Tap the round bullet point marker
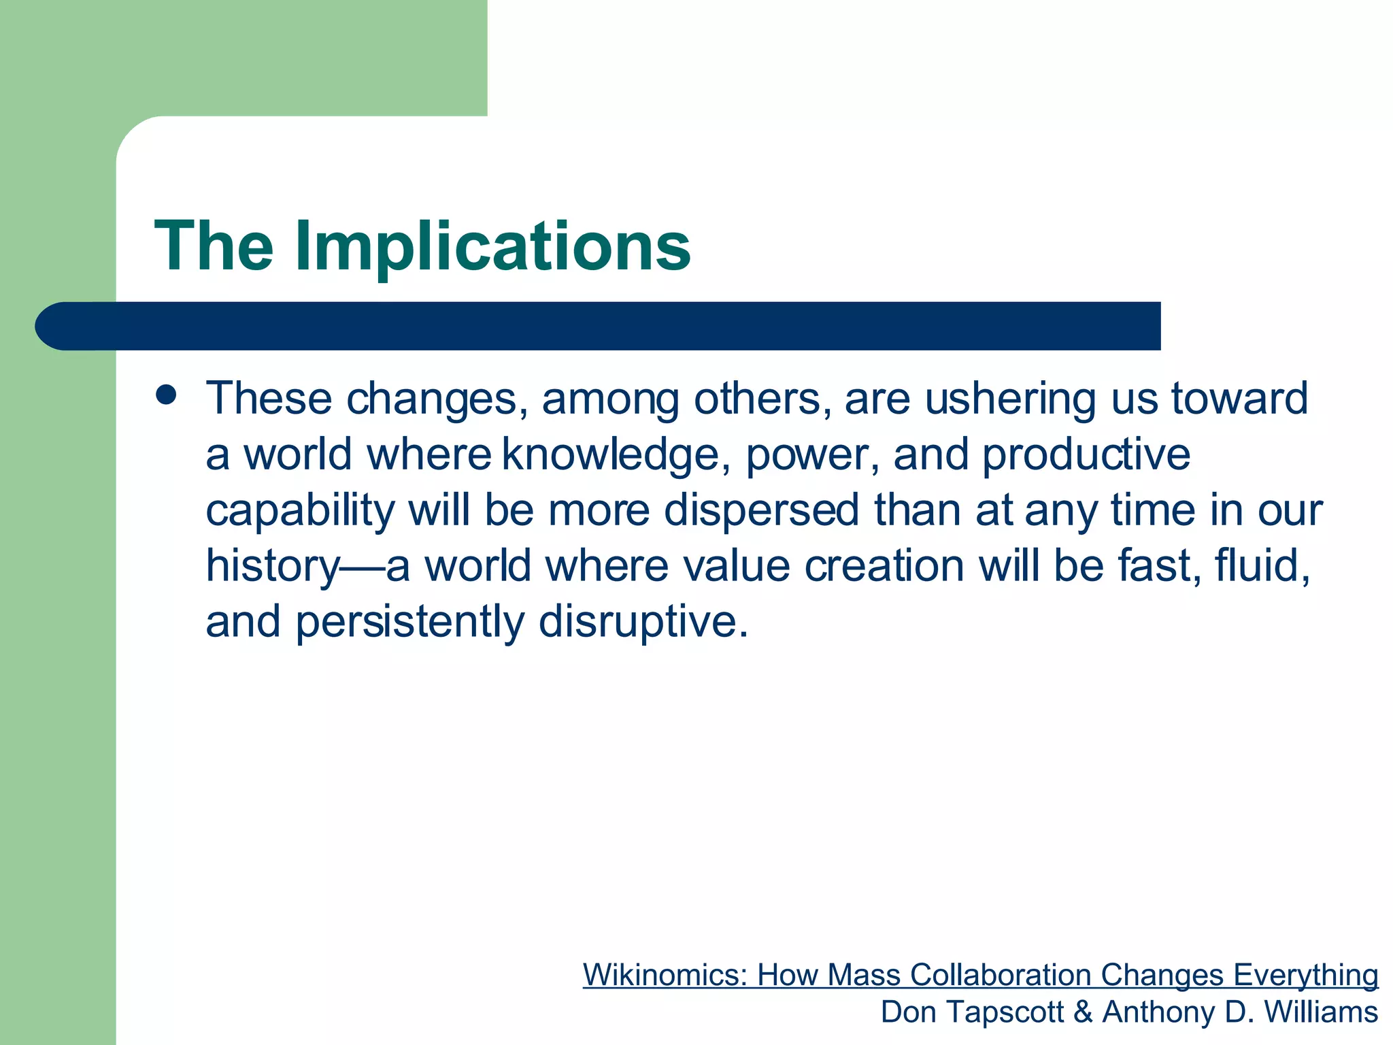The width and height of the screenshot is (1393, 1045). pos(166,395)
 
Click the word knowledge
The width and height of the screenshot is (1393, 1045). pos(611,454)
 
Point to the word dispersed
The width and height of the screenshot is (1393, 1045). pos(761,510)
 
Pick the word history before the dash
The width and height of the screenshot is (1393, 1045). pos(272,566)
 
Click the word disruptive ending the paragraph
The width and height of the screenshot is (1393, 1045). pos(643,622)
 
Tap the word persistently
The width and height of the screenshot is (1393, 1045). pos(409,622)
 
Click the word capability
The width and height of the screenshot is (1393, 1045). pos(300,510)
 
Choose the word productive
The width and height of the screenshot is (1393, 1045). pos(1086,454)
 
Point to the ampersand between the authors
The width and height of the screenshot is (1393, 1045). pos(1083,1012)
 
